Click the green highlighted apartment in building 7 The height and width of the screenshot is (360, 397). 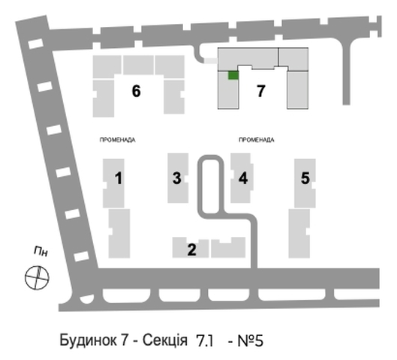(x=233, y=76)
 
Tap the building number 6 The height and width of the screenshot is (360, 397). (x=137, y=91)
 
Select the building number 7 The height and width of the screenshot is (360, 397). (x=261, y=91)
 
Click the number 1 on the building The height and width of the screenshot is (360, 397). (x=119, y=178)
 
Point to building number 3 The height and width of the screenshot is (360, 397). (x=177, y=178)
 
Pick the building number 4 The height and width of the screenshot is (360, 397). (x=243, y=178)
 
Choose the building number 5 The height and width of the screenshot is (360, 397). (x=305, y=178)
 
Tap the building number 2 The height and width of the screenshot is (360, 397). (x=191, y=250)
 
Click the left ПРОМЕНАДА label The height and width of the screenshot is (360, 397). (x=118, y=140)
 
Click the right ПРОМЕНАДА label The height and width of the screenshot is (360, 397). (x=257, y=139)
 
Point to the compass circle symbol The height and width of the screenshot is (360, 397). (x=37, y=277)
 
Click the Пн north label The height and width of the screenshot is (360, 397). (x=41, y=251)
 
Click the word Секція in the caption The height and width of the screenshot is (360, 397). (x=165, y=340)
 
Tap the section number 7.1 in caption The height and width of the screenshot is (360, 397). (x=205, y=340)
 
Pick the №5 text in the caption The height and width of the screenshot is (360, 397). (x=251, y=340)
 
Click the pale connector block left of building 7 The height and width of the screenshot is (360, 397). (x=211, y=61)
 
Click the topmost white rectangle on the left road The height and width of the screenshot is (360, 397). (x=36, y=43)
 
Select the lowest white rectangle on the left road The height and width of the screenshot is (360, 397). (x=82, y=256)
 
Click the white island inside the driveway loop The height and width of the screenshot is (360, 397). (x=211, y=186)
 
